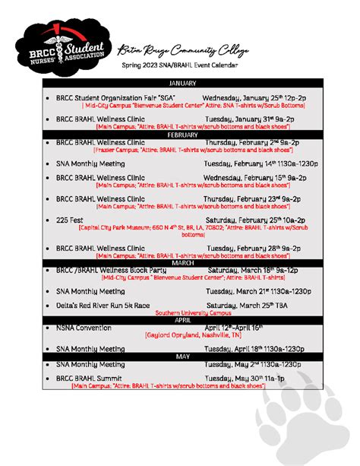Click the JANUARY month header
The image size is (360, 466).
point(182,82)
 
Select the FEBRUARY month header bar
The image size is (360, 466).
point(182,135)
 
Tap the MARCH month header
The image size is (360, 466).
point(182,262)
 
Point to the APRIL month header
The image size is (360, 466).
point(182,321)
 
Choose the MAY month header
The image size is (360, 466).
point(182,356)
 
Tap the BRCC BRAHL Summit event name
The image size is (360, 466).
point(95,378)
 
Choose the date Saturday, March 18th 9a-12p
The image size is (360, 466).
point(253,270)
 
